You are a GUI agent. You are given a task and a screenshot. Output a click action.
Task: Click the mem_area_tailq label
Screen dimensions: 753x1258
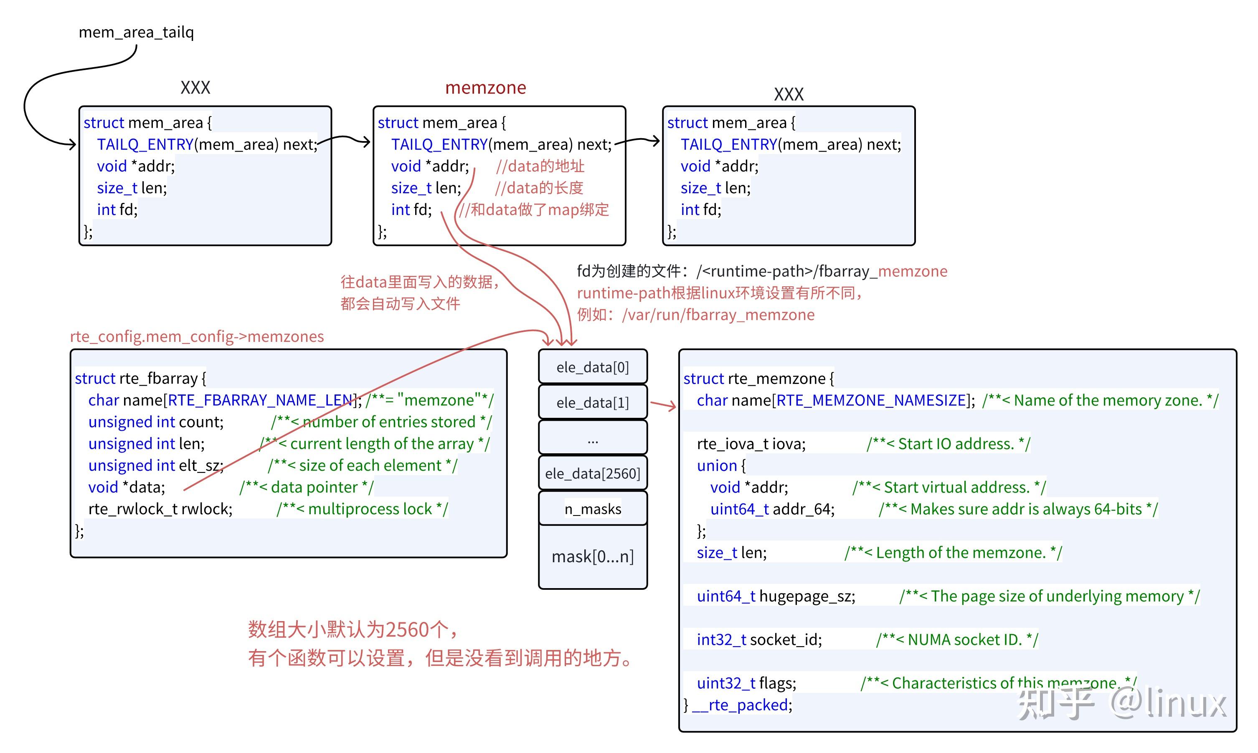136,33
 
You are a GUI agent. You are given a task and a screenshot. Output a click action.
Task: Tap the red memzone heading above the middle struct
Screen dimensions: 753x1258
485,88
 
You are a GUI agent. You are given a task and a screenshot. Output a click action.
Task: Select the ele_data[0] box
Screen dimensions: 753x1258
592,367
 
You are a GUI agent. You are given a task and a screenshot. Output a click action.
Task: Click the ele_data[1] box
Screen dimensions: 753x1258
592,402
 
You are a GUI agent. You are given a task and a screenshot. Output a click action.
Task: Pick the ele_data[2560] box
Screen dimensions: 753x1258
592,473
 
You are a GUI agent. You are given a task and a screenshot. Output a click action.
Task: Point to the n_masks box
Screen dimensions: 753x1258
592,508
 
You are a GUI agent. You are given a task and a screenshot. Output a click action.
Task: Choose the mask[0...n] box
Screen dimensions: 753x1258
592,557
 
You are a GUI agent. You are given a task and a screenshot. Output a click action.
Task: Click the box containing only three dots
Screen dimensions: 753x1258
592,438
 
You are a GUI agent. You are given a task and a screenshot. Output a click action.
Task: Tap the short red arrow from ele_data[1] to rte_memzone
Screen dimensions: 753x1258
662,404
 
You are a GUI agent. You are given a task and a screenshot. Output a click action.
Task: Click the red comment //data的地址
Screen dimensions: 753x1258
540,166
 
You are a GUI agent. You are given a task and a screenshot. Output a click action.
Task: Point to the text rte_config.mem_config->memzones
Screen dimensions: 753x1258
196,336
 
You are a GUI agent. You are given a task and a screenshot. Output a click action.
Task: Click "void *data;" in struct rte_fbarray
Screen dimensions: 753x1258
127,487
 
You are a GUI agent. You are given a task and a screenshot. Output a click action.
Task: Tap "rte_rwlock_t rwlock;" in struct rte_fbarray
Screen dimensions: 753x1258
160,509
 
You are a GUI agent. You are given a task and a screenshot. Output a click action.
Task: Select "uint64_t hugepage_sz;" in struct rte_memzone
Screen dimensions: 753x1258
775,596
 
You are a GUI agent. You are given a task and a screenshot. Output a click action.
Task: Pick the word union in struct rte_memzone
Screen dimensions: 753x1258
716,465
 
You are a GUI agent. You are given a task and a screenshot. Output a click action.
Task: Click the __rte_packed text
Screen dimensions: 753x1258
742,705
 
